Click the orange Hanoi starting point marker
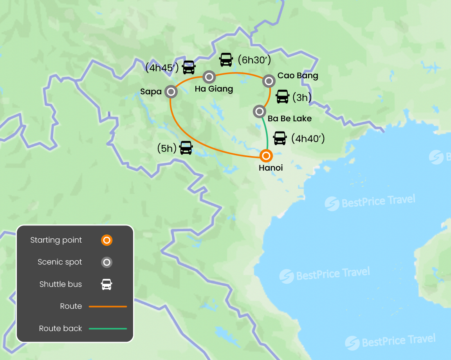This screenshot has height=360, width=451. pos(266,156)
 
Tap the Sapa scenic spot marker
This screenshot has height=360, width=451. pos(171,92)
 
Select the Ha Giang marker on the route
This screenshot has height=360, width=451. pos(209,77)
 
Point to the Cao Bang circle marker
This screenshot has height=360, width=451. pos(269,81)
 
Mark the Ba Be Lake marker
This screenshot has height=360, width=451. pos(260,112)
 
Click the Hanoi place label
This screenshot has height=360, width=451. pos(271,168)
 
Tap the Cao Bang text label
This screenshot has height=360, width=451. pos(298,76)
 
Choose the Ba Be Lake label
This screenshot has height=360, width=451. pos(290,119)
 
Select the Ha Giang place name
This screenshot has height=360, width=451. pos(214,89)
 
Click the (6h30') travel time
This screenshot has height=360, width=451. pos(254,60)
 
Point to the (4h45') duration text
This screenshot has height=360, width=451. pos(162,68)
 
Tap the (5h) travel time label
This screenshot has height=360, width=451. pos(167,148)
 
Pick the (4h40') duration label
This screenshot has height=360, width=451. pos(308,138)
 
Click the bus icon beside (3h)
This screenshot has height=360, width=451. pos(283,96)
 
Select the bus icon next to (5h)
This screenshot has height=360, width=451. pos(186,148)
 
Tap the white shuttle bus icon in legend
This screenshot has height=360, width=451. pos(106,284)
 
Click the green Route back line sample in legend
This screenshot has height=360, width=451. pos(108,329)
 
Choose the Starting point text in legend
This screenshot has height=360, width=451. pos(56,240)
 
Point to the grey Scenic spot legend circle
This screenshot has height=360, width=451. pos(106,262)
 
